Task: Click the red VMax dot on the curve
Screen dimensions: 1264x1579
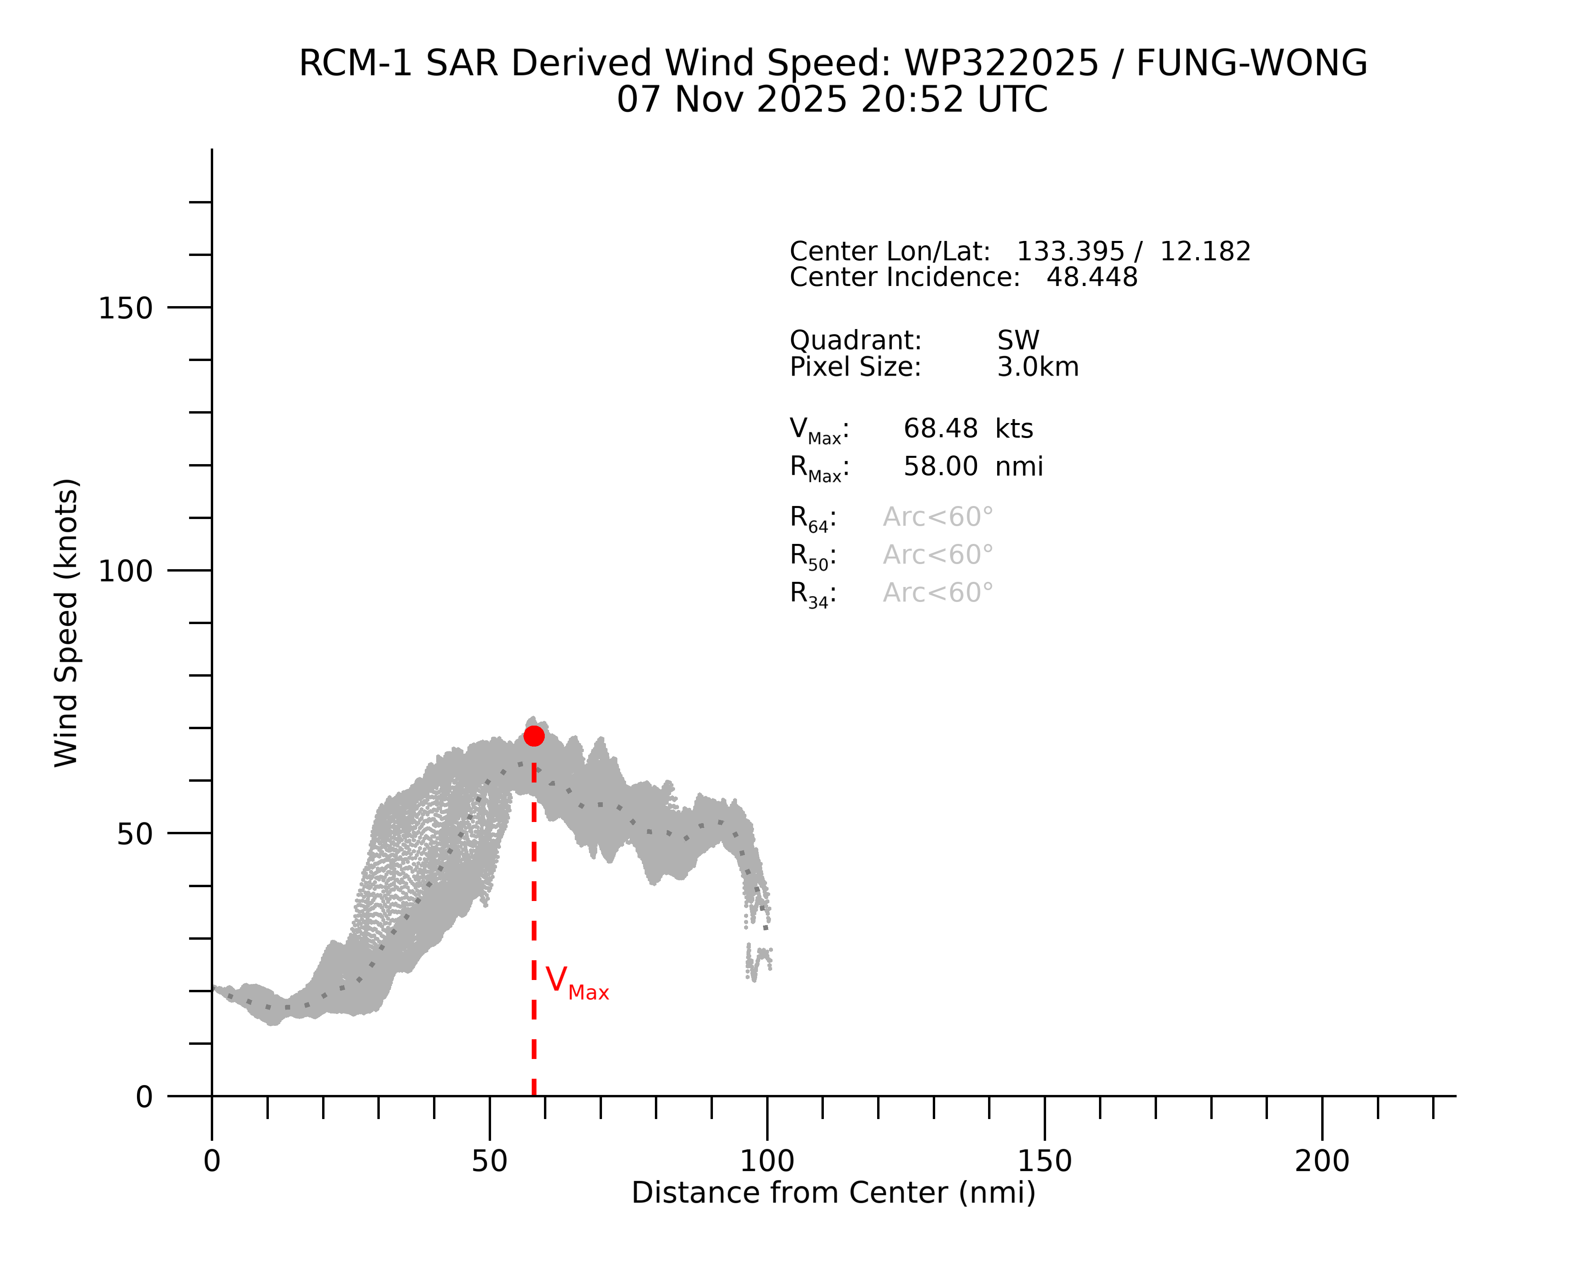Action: point(534,735)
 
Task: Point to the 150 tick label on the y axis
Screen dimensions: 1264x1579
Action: point(125,308)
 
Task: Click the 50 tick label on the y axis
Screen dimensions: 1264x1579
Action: point(135,834)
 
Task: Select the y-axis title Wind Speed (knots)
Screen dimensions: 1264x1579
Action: point(66,623)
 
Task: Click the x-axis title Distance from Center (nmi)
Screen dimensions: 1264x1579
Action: point(833,1193)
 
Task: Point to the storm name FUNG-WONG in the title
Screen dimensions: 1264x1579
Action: point(1251,63)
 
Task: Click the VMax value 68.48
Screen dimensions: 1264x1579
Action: point(940,429)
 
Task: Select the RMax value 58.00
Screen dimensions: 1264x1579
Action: point(940,467)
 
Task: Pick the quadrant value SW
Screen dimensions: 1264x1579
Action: point(1018,341)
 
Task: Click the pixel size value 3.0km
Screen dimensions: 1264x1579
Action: point(1038,367)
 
